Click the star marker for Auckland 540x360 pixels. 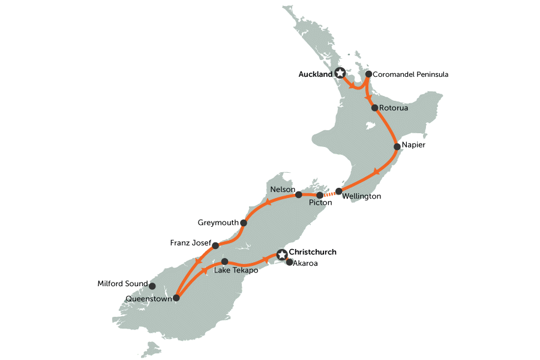(x=340, y=73)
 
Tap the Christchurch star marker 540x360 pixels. (x=281, y=254)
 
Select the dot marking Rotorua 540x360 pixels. (x=374, y=109)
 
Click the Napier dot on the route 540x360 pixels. (x=397, y=146)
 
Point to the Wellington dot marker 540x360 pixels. (x=339, y=191)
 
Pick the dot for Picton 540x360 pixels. (x=320, y=195)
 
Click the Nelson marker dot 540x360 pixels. (x=299, y=194)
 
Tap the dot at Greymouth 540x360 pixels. (x=243, y=223)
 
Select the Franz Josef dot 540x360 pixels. (x=215, y=245)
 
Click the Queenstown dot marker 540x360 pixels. (x=176, y=298)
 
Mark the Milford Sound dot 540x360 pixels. (x=152, y=286)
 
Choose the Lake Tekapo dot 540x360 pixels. (x=224, y=262)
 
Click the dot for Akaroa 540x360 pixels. (x=289, y=262)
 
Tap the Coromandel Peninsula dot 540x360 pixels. (x=368, y=75)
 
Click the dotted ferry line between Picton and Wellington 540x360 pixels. (x=329, y=193)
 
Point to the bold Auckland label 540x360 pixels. (x=315, y=75)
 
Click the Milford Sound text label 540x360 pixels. (x=122, y=283)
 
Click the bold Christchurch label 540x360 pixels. (x=313, y=252)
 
